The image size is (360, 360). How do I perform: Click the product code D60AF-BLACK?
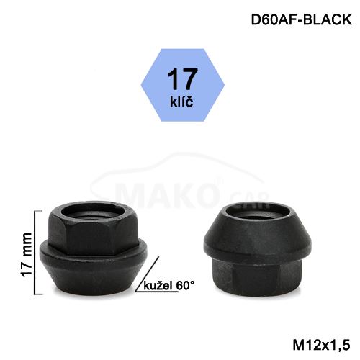[301, 19]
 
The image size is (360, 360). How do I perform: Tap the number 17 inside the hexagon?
[182, 78]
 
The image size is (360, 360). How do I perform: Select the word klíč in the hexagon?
[181, 102]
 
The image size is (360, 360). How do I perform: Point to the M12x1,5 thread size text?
[321, 346]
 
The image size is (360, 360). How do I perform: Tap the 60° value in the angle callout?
[185, 285]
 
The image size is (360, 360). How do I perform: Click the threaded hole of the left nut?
[93, 212]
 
